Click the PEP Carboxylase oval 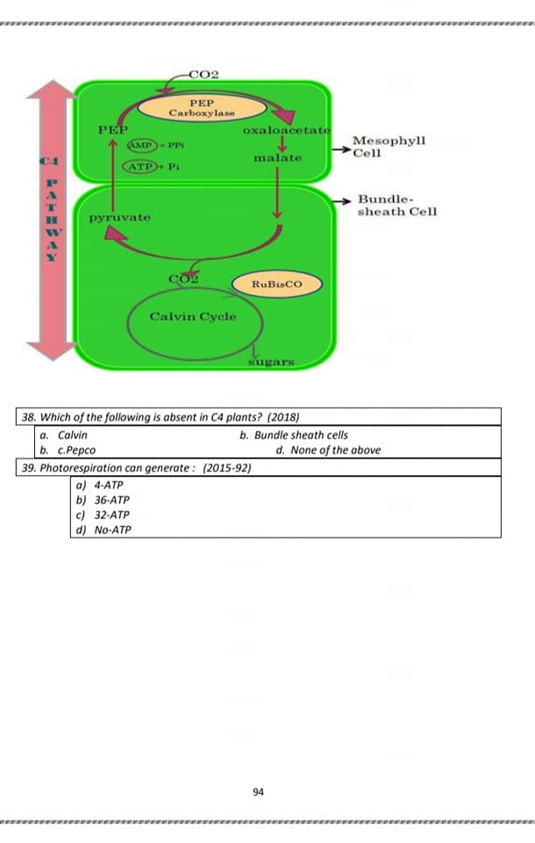[202, 108]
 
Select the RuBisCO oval [276, 285]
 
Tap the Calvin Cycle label [193, 317]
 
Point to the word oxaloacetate [287, 130]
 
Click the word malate [278, 158]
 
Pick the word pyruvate [120, 218]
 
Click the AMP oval [142, 145]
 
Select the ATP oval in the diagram [140, 167]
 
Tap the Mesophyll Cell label [389, 147]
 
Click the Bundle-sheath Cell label [397, 205]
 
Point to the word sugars [271, 363]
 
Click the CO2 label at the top [203, 75]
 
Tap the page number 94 [259, 792]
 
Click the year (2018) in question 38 [283, 417]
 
